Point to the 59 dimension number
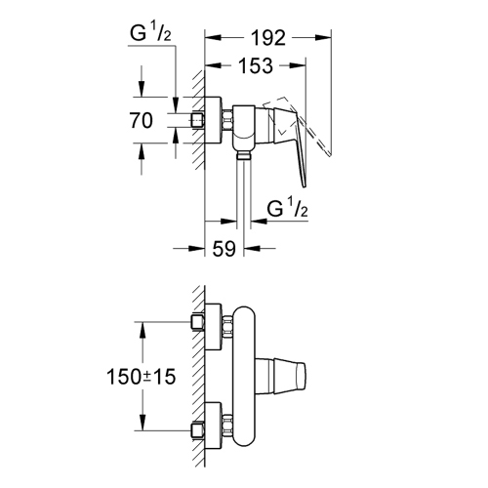pyautogui.click(x=224, y=250)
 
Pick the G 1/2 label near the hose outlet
pyautogui.click(x=288, y=209)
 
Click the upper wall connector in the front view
pyautogui.click(x=215, y=326)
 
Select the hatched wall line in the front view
pyautogui.click(x=198, y=376)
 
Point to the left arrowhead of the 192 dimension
pyautogui.click(x=208, y=39)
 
